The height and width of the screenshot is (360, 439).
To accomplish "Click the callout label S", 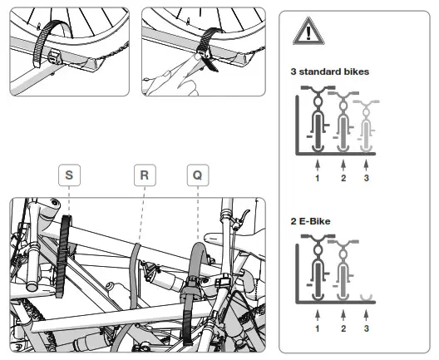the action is click(69, 175).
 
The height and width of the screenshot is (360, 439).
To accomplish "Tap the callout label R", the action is click(145, 175).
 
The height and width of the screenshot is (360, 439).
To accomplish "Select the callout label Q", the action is click(198, 175).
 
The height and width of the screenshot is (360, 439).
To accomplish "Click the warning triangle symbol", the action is click(308, 32).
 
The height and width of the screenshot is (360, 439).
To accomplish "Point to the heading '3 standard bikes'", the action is click(330, 72).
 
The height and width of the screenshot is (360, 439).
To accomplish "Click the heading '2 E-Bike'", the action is click(310, 221).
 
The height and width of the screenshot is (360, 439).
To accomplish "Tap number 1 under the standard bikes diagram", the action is click(318, 178).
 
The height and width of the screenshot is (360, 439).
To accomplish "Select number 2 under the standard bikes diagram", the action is click(343, 178).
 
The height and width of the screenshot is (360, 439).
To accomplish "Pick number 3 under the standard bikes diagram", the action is click(366, 178).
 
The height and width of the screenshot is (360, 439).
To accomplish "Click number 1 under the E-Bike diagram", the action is click(318, 328).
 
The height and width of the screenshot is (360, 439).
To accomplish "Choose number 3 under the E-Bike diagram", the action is click(366, 328).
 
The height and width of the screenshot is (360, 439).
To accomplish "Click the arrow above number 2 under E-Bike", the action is click(343, 315).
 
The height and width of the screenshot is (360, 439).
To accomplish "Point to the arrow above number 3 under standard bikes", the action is click(366, 165).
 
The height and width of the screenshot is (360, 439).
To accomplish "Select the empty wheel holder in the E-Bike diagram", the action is click(366, 298).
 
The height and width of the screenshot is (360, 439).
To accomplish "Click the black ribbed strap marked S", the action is click(63, 256).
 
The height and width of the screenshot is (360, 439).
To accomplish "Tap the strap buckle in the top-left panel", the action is click(55, 57).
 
